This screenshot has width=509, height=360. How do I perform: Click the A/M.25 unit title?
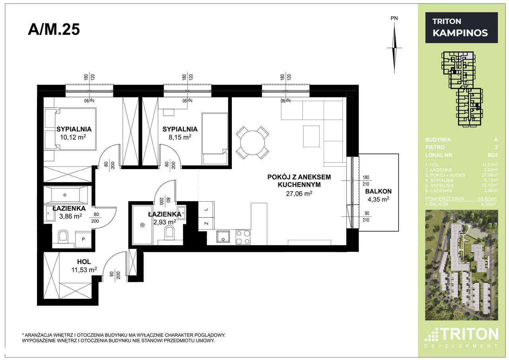click(x=54, y=29)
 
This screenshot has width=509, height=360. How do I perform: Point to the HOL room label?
click(x=84, y=262)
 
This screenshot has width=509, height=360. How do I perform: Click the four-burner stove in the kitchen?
click(x=243, y=237)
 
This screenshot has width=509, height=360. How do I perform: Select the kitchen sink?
click(x=223, y=237)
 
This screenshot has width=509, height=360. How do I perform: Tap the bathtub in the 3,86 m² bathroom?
click(x=65, y=195)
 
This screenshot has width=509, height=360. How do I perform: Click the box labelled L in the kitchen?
click(x=206, y=209)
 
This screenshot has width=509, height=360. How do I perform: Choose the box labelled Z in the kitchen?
click(x=206, y=223)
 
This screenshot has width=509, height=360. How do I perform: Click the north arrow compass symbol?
click(x=394, y=48)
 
